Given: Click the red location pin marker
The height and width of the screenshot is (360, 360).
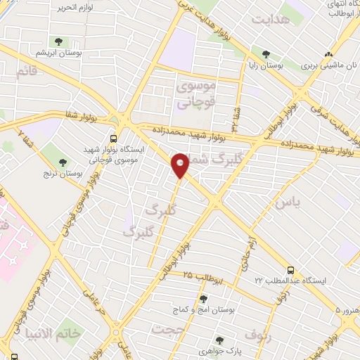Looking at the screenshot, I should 180,165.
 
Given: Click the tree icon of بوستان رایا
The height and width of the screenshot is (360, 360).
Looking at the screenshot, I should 266,54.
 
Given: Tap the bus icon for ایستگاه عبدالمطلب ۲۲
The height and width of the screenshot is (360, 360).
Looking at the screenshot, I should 290,269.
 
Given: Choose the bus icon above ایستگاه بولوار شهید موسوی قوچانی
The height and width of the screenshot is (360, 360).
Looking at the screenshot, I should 114,139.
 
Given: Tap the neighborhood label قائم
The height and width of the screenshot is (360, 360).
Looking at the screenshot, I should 25,71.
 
